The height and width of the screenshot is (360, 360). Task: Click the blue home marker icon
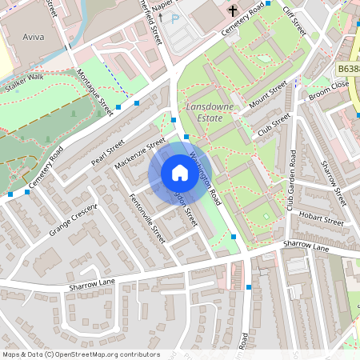tap(179, 173)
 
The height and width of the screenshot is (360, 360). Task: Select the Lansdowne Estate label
tap(210, 111)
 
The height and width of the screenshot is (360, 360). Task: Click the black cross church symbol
tap(233, 11)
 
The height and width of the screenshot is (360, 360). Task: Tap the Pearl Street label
tap(109, 152)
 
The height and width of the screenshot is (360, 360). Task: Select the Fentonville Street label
tap(146, 220)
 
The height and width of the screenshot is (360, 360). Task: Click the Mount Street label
tap(267, 99)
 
